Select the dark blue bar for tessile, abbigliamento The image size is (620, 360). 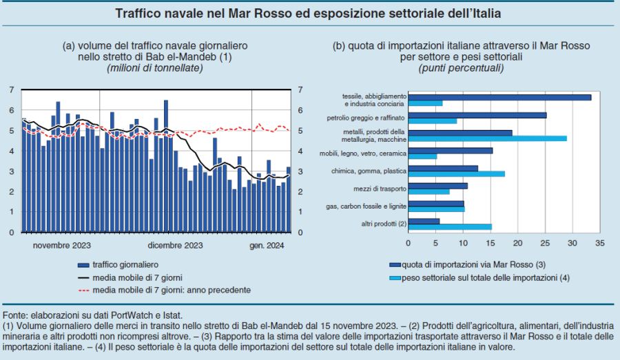click(499, 97)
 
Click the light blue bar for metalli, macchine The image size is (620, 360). click(487, 139)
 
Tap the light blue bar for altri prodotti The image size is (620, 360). click(450, 226)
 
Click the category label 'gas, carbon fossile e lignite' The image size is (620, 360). click(366, 205)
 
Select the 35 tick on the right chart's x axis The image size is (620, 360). click(600, 244)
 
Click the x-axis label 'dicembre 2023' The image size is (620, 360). click(175, 244)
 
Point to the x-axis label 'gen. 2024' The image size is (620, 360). click(267, 244)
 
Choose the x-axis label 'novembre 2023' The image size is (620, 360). click(62, 244)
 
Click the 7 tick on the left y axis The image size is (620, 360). click(12, 89)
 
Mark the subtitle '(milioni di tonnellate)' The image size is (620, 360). click(154, 68)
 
